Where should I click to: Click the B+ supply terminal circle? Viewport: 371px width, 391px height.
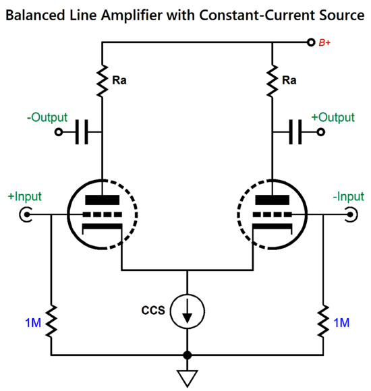point(310,42)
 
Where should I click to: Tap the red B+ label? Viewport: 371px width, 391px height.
point(324,43)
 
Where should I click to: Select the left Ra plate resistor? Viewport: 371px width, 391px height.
point(102,81)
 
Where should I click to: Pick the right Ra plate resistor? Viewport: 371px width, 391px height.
point(273,81)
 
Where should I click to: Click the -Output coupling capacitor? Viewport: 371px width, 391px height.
point(82,132)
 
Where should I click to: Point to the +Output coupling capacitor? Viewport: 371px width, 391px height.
point(295,132)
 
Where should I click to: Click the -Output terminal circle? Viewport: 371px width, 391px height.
point(59,132)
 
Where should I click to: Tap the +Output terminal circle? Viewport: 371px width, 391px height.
point(321,132)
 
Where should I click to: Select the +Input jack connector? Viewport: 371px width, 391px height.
point(26,214)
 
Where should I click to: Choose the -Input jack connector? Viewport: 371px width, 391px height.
point(351,214)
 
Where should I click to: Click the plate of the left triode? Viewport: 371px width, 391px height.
point(103,200)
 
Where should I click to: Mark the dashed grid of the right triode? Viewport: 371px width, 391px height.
point(273,214)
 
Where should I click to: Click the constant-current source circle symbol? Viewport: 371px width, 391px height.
point(188,311)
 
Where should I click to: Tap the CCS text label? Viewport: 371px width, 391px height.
point(153,311)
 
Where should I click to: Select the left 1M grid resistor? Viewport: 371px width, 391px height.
point(51,321)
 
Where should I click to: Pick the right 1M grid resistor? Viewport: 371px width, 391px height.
point(323,321)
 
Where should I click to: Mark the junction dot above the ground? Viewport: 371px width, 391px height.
point(188,355)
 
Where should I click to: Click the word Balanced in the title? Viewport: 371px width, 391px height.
point(35,16)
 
